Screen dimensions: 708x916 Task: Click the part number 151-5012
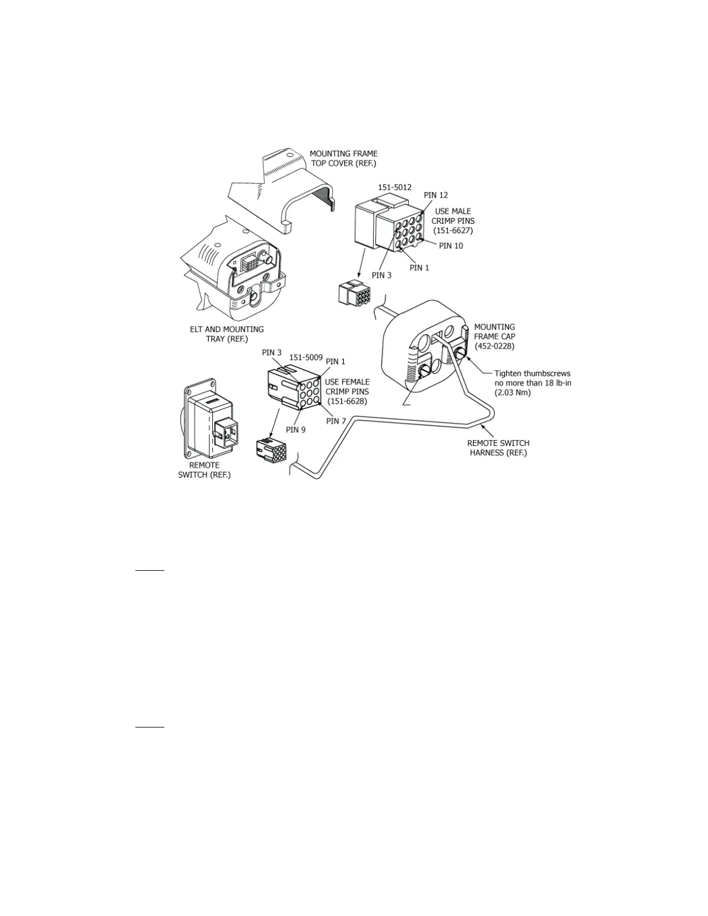[394, 187]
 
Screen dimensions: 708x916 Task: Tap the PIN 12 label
[436, 195]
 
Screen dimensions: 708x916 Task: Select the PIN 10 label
[451, 246]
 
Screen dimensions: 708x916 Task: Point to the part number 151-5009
[306, 357]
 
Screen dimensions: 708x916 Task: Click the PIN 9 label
[296, 430]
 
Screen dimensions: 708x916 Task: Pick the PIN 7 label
[336, 421]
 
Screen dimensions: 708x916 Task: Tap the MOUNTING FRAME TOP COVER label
[344, 158]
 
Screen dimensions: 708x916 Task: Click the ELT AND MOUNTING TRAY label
[227, 334]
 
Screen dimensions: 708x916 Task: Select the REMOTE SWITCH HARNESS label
[498, 448]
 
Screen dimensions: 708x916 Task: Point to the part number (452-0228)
[495, 346]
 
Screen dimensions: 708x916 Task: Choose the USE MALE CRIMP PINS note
[453, 220]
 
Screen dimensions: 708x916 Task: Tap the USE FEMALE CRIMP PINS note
[347, 391]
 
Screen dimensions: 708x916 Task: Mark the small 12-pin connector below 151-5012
[355, 294]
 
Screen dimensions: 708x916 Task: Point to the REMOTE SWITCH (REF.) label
[204, 470]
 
